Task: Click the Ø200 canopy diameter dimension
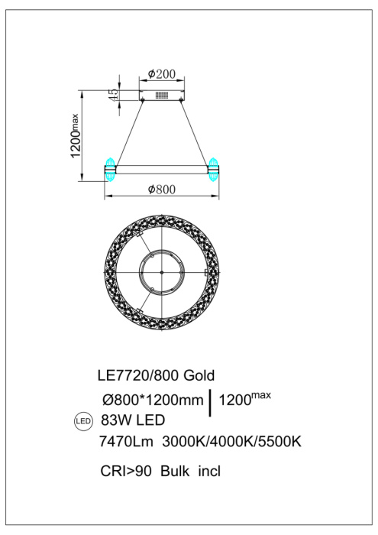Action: (x=162, y=74)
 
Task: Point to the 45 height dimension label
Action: (x=113, y=96)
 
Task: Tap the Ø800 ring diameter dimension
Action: (x=161, y=189)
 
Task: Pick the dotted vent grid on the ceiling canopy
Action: (x=161, y=96)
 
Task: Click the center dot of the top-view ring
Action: (x=160, y=271)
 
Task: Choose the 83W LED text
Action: (x=132, y=420)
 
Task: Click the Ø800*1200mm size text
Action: (x=151, y=399)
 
